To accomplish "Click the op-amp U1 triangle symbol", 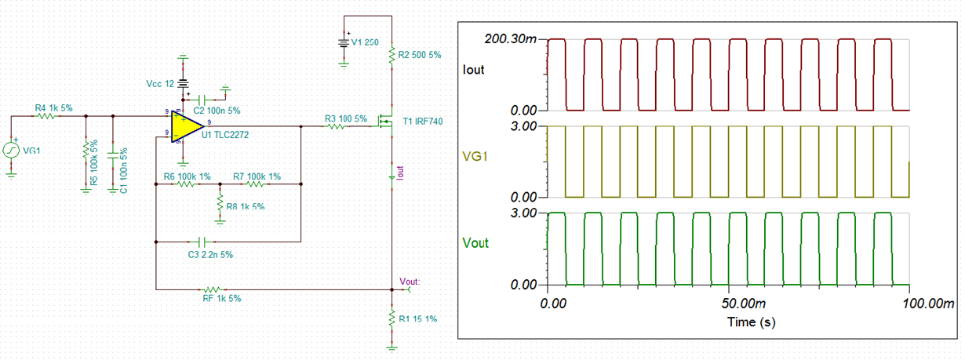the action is point(187,126).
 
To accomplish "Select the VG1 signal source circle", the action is point(11,151).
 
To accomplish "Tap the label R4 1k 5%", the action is point(54,108).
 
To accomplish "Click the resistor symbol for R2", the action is point(391,55).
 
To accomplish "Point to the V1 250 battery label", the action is point(365,42).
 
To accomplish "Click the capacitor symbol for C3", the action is point(204,242).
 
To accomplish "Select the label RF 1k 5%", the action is point(222,298).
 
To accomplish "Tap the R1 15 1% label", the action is point(418,319).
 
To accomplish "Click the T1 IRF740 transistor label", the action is point(423,122).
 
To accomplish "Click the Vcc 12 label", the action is point(160,84).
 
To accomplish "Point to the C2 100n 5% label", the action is point(217,111).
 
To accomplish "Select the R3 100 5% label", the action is point(346,119).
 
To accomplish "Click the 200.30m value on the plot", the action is point(511,39).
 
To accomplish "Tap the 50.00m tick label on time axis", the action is point(744,304).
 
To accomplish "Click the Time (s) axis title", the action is point(752,322).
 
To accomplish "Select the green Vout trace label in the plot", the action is point(475,243).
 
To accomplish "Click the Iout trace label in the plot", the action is point(473,70).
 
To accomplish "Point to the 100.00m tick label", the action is point(928,304).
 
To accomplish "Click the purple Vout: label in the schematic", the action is point(410,282).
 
